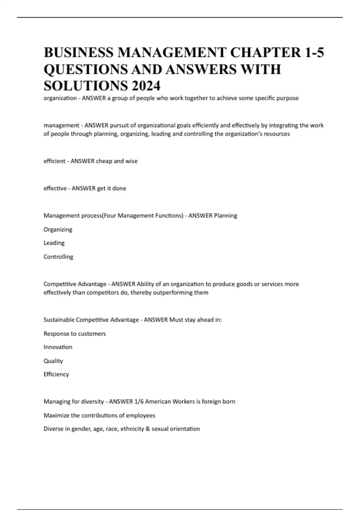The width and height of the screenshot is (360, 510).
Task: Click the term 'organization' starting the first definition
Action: [x=60, y=98]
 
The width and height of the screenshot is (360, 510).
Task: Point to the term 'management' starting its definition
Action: [x=61, y=125]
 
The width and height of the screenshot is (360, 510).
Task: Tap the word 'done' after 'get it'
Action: [x=119, y=188]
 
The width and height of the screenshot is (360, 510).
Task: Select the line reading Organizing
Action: [x=58, y=229]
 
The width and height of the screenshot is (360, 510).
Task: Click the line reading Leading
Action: [x=54, y=243]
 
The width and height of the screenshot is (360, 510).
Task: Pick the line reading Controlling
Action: [x=58, y=257]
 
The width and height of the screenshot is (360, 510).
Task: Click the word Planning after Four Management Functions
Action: [x=225, y=215]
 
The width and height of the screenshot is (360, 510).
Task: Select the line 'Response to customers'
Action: [x=75, y=334]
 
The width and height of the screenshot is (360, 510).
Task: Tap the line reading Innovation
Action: [x=58, y=347]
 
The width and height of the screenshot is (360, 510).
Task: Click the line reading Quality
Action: [x=53, y=361]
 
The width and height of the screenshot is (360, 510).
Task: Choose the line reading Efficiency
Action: [x=56, y=374]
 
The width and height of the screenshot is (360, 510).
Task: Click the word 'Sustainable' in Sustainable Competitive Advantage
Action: [x=59, y=320]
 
